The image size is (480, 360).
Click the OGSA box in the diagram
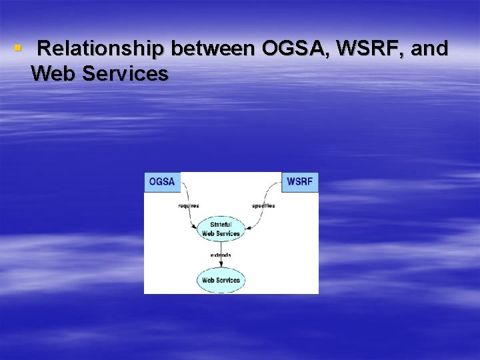click(162, 182)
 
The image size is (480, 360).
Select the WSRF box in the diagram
click(300, 182)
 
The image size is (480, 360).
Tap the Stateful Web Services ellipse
click(221, 229)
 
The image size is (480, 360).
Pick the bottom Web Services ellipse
click(221, 280)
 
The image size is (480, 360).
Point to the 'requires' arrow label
click(188, 205)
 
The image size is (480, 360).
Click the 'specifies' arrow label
click(263, 205)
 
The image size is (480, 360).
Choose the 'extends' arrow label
click(221, 255)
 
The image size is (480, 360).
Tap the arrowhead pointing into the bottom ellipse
click(221, 265)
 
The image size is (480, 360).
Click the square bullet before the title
click(18, 49)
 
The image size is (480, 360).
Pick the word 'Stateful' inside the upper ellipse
click(221, 225)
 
